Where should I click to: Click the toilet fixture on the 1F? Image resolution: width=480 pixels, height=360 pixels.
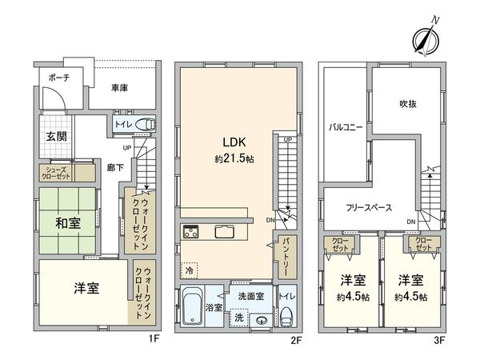coord(144,124)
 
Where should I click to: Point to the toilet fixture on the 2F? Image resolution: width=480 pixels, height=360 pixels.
coord(286,315)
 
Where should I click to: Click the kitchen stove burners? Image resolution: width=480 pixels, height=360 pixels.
coord(192,233)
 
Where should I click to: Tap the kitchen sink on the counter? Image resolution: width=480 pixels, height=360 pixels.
coord(224,233)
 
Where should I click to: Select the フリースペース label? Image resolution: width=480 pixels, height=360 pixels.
coord(369,207)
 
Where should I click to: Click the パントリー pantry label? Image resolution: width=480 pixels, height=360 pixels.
coord(285,258)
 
